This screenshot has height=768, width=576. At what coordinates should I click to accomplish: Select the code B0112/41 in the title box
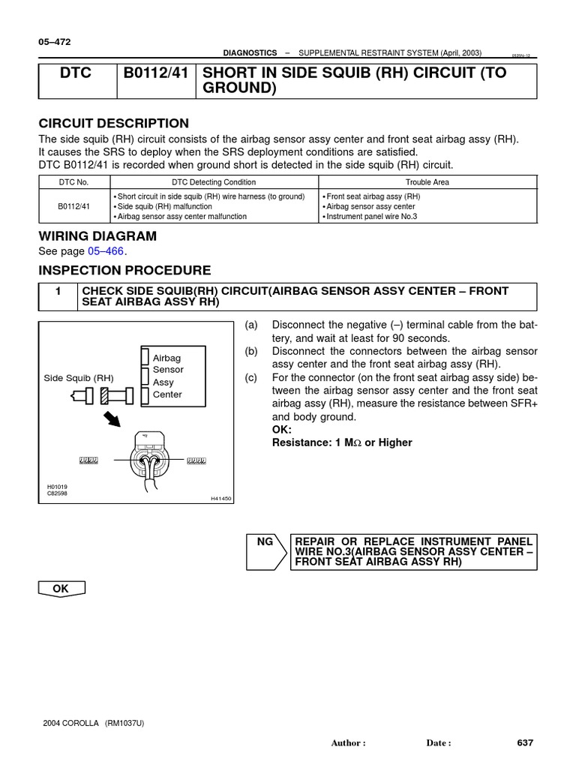point(155,73)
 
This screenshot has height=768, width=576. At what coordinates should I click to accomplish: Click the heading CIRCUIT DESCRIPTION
point(113,124)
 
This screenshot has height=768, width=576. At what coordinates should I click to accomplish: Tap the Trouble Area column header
point(427,182)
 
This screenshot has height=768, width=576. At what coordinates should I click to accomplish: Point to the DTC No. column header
point(74,182)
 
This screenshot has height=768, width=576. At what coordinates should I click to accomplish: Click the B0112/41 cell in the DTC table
point(74,206)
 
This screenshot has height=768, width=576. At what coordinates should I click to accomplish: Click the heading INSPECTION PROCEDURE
point(124,271)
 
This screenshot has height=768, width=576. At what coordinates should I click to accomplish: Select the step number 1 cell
point(58,291)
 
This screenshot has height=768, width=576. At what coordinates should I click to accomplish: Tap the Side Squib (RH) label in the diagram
point(79,378)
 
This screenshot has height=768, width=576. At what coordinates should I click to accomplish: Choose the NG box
point(265,541)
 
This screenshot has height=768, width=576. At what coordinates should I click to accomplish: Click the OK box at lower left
point(61,589)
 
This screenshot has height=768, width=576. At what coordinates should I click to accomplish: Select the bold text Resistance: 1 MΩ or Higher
point(342,442)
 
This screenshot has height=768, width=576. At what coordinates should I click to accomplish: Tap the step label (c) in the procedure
point(251,377)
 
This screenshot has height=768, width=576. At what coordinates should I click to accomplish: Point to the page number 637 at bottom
point(525,742)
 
